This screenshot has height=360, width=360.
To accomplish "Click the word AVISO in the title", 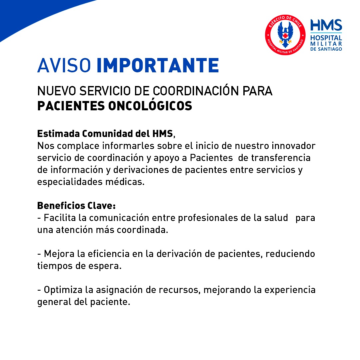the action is (x=64, y=65).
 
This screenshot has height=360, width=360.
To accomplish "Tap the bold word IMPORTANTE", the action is (x=158, y=65).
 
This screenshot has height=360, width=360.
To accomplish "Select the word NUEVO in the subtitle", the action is (x=56, y=91).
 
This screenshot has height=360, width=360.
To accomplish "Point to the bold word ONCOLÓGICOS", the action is (x=150, y=106).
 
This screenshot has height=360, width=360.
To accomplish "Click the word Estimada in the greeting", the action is (x=58, y=134).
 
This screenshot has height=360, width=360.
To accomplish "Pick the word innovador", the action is (x=294, y=146).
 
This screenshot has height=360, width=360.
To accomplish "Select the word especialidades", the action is (x=70, y=182).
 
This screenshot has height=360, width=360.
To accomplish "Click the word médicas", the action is (x=125, y=182).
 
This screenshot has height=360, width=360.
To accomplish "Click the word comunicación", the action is (x=119, y=218).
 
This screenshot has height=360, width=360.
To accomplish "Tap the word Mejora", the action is (x=59, y=254).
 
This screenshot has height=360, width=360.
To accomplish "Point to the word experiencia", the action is (x=290, y=290).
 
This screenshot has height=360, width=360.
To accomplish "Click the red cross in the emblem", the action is (x=285, y=36).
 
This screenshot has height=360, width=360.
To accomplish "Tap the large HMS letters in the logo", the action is (x=326, y=25).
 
